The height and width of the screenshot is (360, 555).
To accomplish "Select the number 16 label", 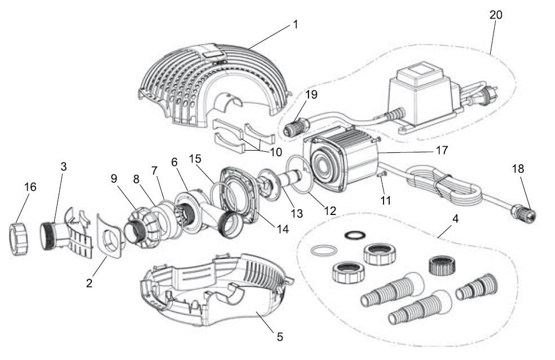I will point(30,187).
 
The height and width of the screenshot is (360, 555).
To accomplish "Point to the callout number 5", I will point(280,337).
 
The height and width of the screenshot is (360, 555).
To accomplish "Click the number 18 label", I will point(517,169).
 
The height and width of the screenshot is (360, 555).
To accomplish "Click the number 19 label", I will point(311,95).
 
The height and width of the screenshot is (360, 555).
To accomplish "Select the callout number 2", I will point(89,283).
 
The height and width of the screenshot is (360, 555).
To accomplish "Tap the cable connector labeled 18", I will point(523,213).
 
